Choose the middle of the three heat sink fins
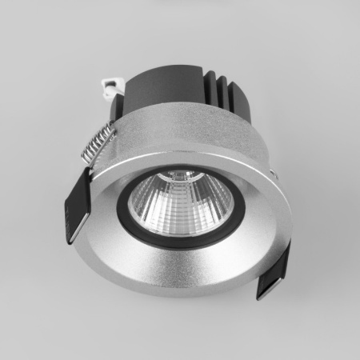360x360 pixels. [x=227, y=96]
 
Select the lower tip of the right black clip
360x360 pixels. [x=262, y=293]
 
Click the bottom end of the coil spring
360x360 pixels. [x=86, y=161]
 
